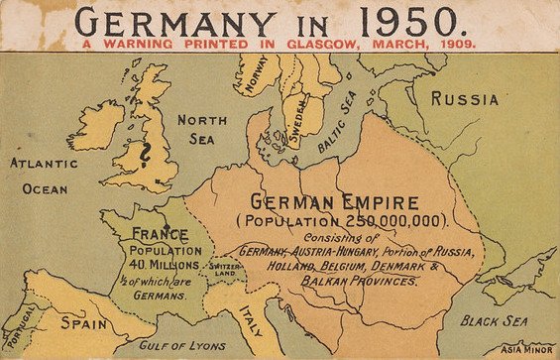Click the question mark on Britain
[147, 156]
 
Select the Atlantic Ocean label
[40, 175]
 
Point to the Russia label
[464, 99]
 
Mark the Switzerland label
[221, 271]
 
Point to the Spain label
[83, 323]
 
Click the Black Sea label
[491, 320]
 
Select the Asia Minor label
[529, 348]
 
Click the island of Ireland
[96, 124]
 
